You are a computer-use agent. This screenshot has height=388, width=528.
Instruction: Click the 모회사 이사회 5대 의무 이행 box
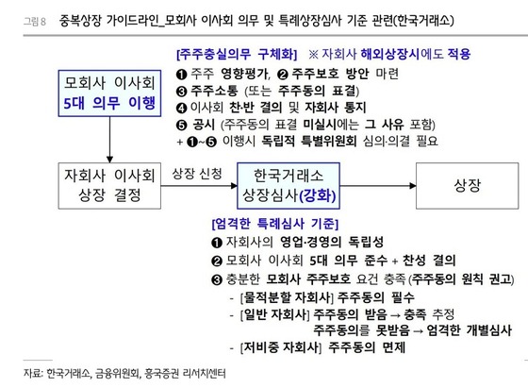click(x=109, y=93)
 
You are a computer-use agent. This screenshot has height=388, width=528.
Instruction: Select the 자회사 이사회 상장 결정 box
click(x=109, y=186)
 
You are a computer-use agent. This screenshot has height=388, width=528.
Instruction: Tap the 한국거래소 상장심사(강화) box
click(x=289, y=186)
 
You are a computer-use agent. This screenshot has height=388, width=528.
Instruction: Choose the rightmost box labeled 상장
click(x=467, y=186)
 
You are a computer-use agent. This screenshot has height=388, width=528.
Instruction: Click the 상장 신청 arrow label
click(x=197, y=174)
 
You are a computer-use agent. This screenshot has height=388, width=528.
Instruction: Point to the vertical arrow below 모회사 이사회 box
click(x=109, y=140)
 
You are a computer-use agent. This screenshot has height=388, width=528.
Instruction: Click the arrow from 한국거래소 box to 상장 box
click(x=378, y=185)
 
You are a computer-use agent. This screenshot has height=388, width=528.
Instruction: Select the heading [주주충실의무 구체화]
click(x=237, y=54)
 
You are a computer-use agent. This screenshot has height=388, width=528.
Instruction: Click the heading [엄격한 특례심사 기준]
click(x=275, y=224)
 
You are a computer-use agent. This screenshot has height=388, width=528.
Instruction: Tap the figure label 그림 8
click(x=34, y=22)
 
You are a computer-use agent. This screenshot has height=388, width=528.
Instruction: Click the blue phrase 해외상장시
click(x=390, y=54)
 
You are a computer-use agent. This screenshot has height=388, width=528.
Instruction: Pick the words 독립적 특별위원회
click(x=309, y=141)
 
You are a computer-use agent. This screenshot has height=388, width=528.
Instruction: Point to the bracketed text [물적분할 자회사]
click(x=287, y=297)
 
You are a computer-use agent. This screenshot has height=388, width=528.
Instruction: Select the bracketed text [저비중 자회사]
click(x=281, y=346)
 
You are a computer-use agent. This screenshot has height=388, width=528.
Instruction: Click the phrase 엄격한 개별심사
click(x=470, y=330)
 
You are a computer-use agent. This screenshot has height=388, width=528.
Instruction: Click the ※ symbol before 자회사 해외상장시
click(x=313, y=54)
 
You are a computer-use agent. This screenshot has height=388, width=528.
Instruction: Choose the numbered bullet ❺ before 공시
click(x=181, y=125)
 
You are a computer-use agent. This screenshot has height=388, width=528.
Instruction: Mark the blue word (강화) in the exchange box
click(x=318, y=195)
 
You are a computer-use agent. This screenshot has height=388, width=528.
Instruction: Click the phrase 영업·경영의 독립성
click(x=332, y=242)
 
